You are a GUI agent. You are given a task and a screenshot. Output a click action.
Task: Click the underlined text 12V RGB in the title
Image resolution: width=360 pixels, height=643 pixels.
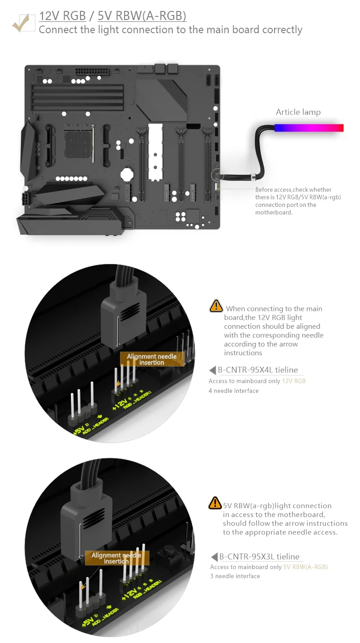point(62,16)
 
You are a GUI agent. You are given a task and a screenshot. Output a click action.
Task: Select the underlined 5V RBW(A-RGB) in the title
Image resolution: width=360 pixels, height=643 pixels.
point(142,16)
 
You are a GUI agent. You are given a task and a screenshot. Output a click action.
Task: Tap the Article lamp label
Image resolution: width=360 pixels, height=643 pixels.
point(298,112)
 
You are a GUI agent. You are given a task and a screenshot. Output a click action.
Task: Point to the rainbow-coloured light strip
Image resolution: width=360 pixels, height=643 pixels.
point(309,128)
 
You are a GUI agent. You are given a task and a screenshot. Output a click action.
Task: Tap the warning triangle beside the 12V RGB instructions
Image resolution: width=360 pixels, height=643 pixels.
point(216,306)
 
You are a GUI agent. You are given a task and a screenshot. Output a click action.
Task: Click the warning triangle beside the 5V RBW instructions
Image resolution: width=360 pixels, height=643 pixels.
point(215,503)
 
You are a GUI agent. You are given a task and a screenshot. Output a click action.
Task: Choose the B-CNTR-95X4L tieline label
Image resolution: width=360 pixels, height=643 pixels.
point(258,370)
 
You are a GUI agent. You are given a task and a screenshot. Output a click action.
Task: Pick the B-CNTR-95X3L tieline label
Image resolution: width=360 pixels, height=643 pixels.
point(259,557)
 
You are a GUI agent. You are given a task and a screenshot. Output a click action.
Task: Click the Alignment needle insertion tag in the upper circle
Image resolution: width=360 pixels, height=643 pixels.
point(152,359)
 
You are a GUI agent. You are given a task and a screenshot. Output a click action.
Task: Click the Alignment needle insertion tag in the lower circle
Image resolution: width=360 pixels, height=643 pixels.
point(116,558)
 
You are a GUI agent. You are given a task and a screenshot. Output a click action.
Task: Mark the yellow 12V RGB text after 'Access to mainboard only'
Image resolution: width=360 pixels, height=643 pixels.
point(294,381)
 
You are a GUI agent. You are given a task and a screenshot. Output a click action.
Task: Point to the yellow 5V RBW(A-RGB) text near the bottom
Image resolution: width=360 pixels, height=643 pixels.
point(305,567)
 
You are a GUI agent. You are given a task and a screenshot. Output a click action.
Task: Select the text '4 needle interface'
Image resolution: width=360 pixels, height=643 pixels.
point(234,391)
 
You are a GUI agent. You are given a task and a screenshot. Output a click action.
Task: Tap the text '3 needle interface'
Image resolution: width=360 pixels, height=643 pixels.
point(235,576)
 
